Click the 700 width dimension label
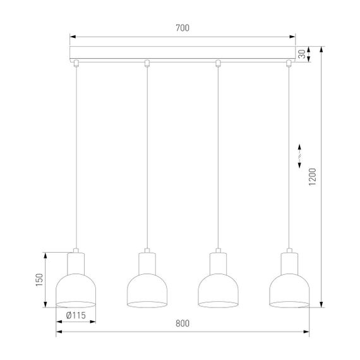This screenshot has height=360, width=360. [x=183, y=28]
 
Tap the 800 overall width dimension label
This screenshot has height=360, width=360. [x=182, y=324]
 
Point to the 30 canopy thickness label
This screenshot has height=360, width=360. [x=303, y=55]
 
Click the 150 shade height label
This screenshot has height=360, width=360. [x=39, y=280]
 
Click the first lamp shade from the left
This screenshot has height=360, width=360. [x=76, y=289]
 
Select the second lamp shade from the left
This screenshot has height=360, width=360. [x=147, y=289]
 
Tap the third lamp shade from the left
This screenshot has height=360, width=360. [x=218, y=289]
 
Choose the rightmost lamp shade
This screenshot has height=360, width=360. [x=289, y=289]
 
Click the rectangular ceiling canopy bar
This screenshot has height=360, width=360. [x=183, y=54]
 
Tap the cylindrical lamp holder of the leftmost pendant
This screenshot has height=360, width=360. [x=76, y=261]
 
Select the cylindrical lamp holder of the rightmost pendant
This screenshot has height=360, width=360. [x=289, y=261]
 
